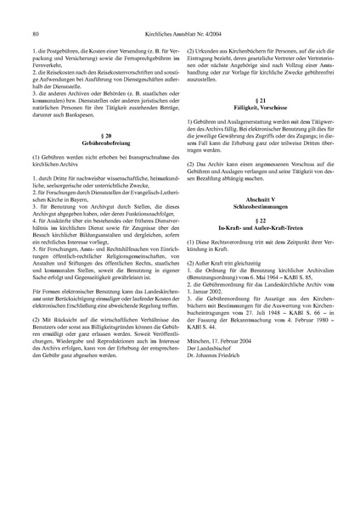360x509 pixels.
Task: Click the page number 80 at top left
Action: (33, 11)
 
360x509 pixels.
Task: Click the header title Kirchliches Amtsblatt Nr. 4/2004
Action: (179, 11)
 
